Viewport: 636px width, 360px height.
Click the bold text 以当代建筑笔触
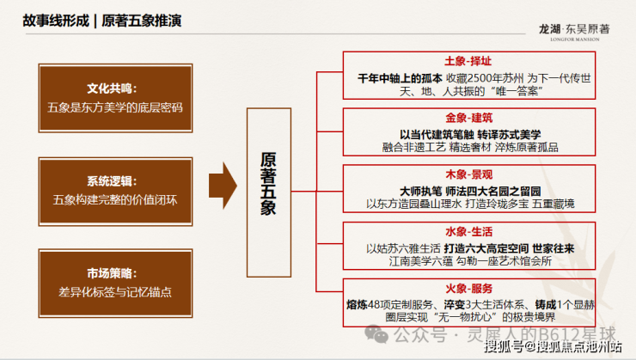click(428, 133)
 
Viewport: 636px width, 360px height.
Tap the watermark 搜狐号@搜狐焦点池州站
click(552, 347)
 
